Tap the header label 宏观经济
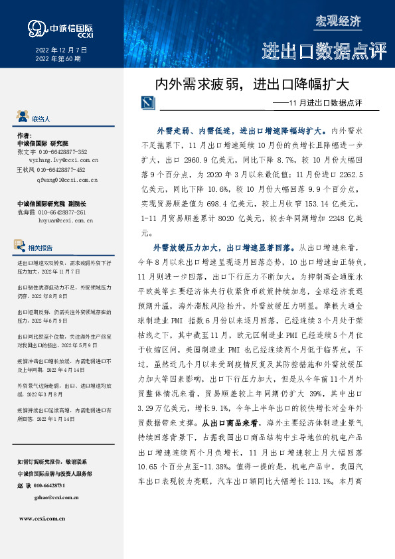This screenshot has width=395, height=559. click(x=338, y=21)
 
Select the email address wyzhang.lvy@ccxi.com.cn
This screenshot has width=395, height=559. click(x=58, y=160)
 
